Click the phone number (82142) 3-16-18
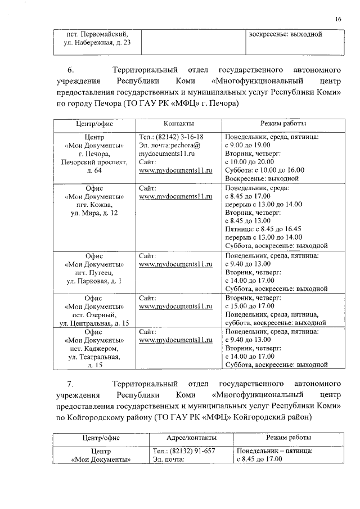point(171,137)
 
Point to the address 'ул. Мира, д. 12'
point(94,213)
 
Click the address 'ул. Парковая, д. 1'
point(94,281)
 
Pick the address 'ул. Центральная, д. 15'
point(94,323)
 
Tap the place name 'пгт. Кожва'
point(94,205)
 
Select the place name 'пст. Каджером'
point(94,349)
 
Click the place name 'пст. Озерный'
point(94,314)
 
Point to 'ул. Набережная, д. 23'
point(94,43)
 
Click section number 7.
point(70,385)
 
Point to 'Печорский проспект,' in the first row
point(94,162)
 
